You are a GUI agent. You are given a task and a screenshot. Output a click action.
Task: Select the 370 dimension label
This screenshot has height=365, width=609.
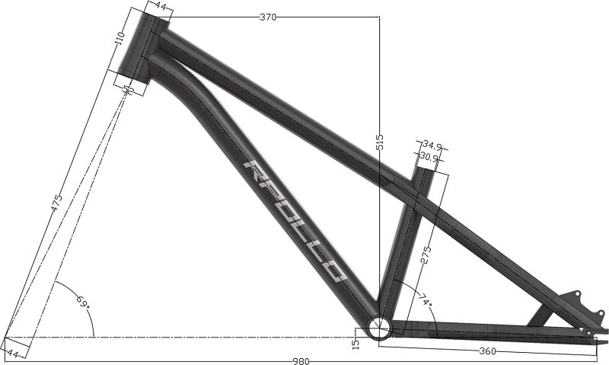268,17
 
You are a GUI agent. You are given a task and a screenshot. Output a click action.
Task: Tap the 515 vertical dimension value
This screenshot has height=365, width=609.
380,142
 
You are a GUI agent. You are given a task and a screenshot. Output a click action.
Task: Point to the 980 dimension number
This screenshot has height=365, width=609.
304,360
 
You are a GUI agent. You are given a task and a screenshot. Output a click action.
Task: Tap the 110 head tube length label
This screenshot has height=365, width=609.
119,40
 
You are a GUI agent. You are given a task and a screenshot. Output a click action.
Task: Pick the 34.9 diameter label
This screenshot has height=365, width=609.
432,145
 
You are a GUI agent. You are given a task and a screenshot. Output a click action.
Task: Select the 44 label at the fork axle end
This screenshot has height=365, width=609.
13,353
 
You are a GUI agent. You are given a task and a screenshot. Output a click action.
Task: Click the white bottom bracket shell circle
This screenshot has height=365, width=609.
379,329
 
